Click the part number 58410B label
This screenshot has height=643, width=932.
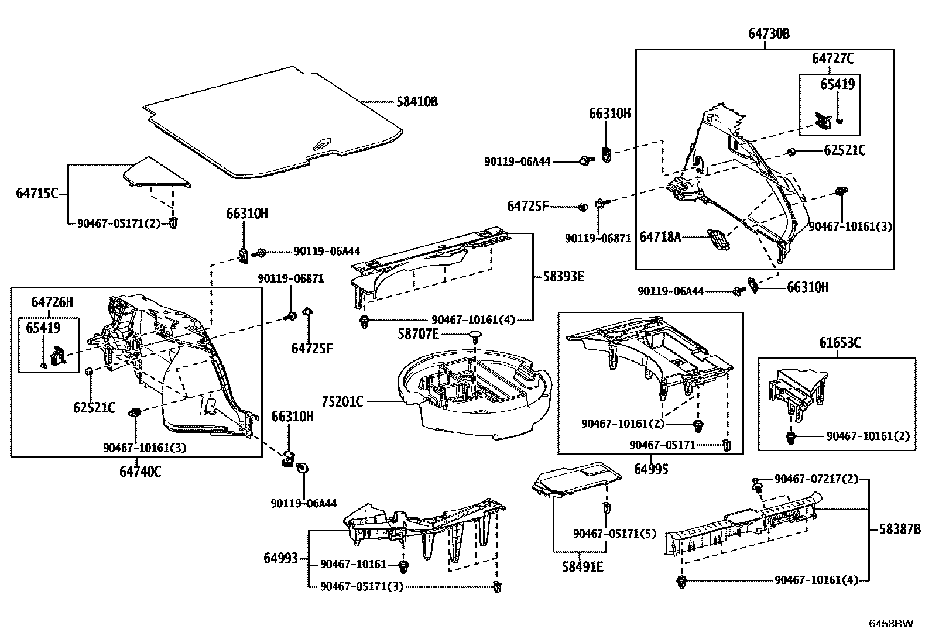pyautogui.click(x=417, y=102)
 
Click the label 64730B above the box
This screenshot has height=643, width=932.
pyautogui.click(x=768, y=34)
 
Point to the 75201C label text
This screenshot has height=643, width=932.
pyautogui.click(x=342, y=402)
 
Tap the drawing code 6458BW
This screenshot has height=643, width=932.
pyautogui.click(x=890, y=623)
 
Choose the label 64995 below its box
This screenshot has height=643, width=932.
pyautogui.click(x=651, y=469)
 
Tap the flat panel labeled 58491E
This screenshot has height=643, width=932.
pyautogui.click(x=577, y=478)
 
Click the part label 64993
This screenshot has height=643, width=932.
pyautogui.click(x=280, y=559)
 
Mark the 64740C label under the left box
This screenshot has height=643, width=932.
pyautogui.click(x=140, y=471)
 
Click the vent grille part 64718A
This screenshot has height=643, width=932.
pyautogui.click(x=719, y=239)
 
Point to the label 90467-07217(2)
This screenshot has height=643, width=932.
pyautogui.click(x=816, y=479)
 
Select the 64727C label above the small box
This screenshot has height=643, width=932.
pyautogui.click(x=832, y=59)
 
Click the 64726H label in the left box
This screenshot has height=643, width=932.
pyautogui.click(x=52, y=302)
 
